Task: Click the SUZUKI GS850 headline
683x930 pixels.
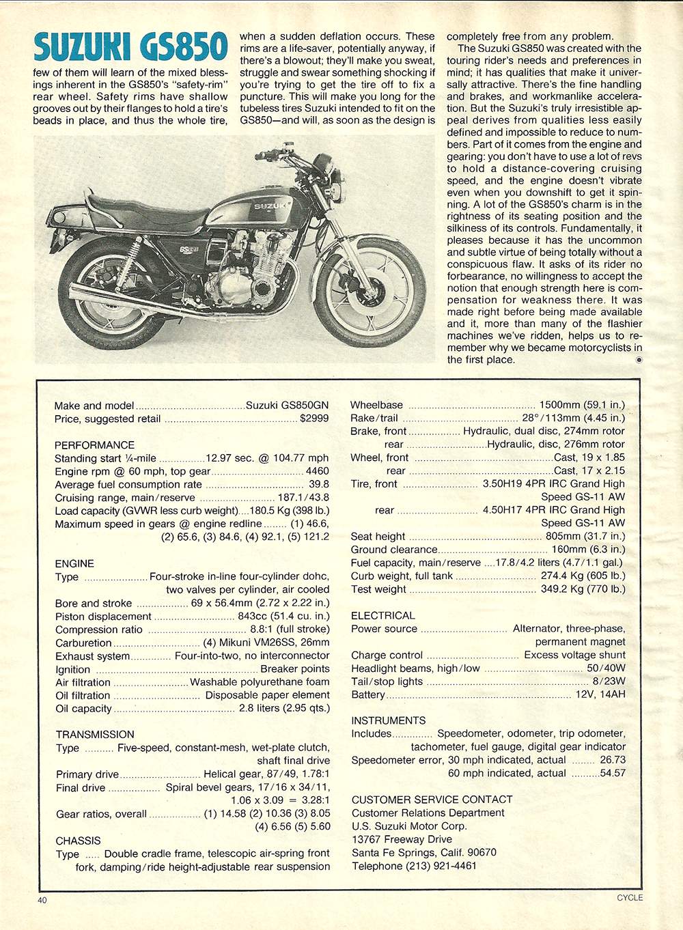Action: (130, 47)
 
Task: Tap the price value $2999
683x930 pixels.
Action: (314, 419)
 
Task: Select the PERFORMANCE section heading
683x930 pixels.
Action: (94, 445)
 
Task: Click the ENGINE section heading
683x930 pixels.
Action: (74, 564)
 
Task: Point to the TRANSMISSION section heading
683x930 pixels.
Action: (95, 735)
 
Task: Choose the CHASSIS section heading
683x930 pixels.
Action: (78, 841)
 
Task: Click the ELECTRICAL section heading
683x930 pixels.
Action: (382, 616)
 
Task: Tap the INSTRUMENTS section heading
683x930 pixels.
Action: (388, 721)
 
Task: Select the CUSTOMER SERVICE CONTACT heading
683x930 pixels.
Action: (432, 800)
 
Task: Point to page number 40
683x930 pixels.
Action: (42, 901)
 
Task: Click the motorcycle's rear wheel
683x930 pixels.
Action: (110, 294)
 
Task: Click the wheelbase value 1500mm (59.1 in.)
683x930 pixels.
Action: (582, 405)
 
